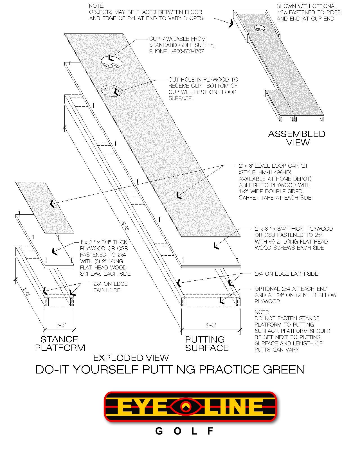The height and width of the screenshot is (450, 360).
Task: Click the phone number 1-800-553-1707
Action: pos(187,51)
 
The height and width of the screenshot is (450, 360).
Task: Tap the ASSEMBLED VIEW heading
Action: pos(297,138)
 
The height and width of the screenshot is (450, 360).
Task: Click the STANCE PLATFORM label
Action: pos(60,343)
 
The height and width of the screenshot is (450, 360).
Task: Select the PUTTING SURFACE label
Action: pos(207,343)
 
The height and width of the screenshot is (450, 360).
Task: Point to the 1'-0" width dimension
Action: pos(61,325)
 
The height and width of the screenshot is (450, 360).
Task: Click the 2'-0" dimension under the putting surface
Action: pos(211,325)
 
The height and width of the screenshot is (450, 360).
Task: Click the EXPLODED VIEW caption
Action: pos(131,358)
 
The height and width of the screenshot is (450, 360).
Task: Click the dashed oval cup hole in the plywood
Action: pos(112,91)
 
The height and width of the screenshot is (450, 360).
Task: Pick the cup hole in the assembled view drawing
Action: pos(260,28)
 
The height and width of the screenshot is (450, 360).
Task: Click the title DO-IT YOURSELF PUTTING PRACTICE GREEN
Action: pos(170,370)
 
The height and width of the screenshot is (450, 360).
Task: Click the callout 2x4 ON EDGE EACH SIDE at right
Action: pos(286,274)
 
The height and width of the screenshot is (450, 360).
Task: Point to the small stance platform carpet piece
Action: pos(45,208)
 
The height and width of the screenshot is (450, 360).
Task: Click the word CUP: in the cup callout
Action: pos(155,39)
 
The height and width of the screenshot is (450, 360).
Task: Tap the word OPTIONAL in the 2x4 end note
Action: pos(267,289)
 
